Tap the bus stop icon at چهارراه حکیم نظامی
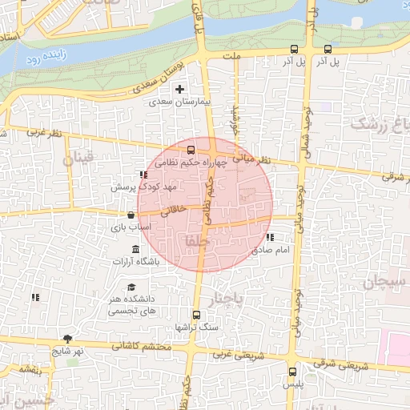coord(191,149)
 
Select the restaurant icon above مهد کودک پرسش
coord(143,174)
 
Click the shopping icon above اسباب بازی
coord(130,215)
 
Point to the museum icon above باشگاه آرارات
coord(135,249)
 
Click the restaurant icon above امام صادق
coord(269,237)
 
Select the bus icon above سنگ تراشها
coord(197,315)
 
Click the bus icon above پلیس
coord(291,371)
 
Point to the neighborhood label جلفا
coord(195,241)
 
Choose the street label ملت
coord(234,58)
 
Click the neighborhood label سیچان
coord(384,281)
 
